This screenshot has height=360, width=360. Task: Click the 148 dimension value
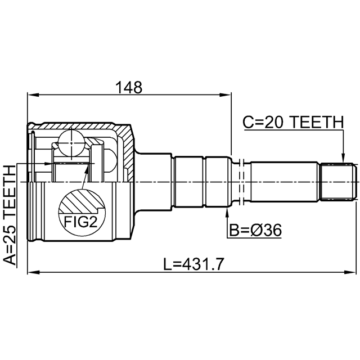(129, 87)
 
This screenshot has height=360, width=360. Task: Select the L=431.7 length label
(193, 264)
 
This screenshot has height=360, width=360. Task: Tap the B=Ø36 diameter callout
(255, 230)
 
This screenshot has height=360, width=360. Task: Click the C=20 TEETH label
(293, 122)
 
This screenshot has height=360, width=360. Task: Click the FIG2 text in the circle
(81, 222)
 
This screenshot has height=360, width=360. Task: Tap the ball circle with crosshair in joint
(71, 143)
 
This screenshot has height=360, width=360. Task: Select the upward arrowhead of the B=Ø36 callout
(227, 212)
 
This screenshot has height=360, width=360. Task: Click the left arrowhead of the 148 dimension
(33, 95)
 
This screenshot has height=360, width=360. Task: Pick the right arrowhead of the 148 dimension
(226, 95)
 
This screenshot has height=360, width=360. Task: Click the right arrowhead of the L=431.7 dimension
(350, 272)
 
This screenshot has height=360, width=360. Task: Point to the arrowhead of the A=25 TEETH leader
(49, 164)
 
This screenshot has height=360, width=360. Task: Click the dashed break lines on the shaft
(241, 182)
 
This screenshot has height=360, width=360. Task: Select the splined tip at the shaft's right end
(339, 182)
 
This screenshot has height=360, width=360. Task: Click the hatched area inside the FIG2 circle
(81, 201)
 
